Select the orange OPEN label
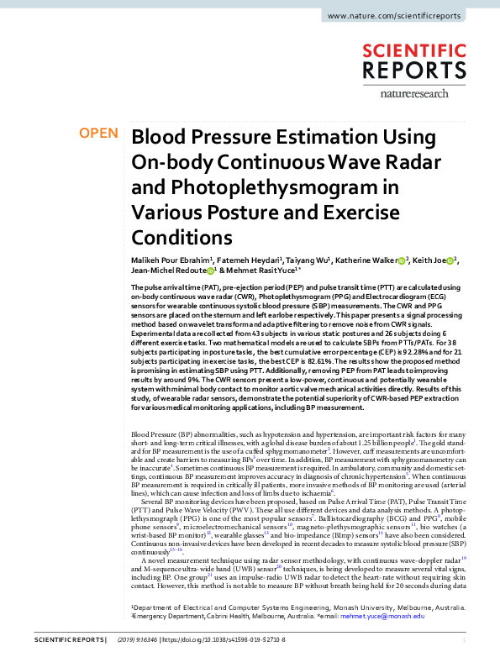click(97, 134)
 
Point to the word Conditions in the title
click(182, 236)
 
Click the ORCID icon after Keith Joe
click(450, 262)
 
